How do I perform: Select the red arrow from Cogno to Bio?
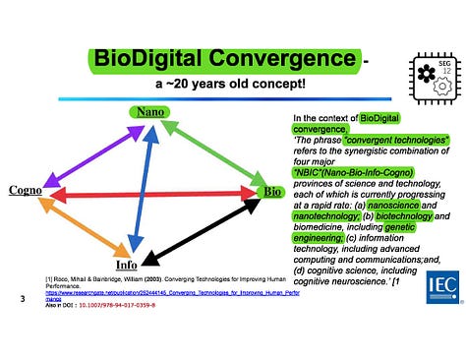[x=147, y=195]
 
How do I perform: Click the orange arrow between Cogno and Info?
[x=83, y=227]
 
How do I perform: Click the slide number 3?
[x=22, y=299]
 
